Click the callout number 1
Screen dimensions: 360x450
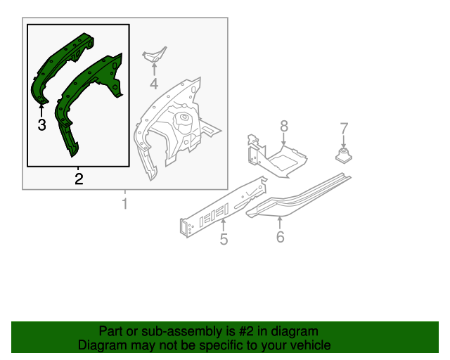[x=125, y=205]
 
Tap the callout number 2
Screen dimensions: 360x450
[x=79, y=179]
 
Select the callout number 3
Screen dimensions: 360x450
[x=41, y=125]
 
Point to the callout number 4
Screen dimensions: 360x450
[x=154, y=85]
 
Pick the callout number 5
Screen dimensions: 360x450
[x=224, y=240]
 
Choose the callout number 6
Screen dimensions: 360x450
[x=280, y=237]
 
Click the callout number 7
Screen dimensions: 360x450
[x=344, y=128]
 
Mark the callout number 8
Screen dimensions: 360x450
[x=284, y=126]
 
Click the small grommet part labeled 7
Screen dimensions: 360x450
[x=344, y=154]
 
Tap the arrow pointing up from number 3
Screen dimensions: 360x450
[x=41, y=109]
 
